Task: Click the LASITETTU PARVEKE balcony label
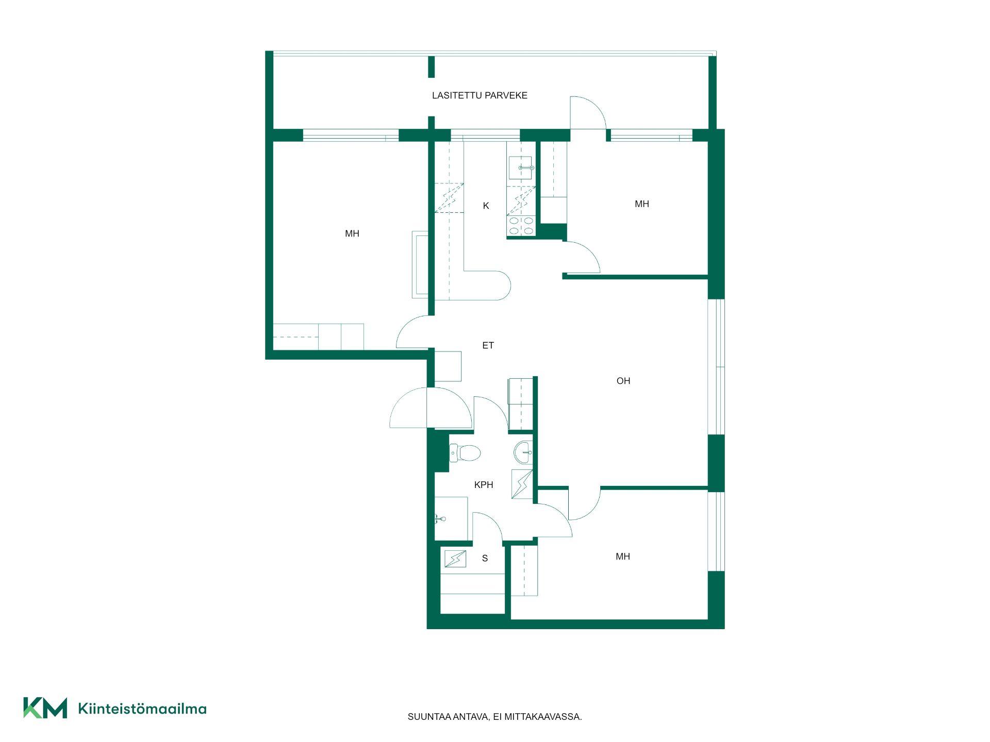[480, 95]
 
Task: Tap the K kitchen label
[486, 206]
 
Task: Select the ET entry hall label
[488, 345]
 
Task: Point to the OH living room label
[623, 381]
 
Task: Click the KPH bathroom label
[484, 484]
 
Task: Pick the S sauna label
[485, 558]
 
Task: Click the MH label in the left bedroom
[352, 233]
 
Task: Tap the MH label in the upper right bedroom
[642, 204]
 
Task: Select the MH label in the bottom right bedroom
[623, 556]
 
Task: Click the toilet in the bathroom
[465, 453]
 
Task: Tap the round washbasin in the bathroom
[523, 452]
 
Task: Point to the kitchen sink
[521, 167]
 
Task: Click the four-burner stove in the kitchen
[521, 226]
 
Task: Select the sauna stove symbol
[455, 559]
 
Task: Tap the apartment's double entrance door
[431, 408]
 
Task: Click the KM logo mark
[45, 708]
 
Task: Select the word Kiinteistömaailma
[142, 709]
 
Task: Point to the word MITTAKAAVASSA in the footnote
[543, 717]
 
